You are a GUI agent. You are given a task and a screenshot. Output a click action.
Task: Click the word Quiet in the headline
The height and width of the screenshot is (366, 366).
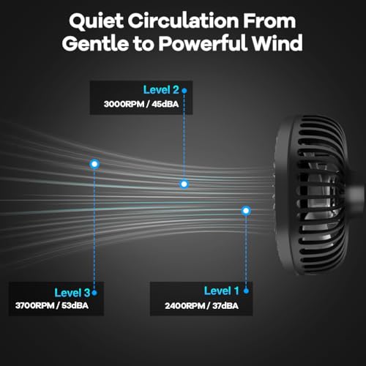coord(96,21)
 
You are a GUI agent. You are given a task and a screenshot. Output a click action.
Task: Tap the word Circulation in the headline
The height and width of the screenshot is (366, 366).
coord(183,20)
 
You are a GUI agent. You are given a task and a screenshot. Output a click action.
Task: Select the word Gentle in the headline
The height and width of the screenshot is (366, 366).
coord(95,43)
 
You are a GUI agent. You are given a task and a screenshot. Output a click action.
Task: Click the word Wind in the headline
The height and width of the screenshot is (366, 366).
coord(277,43)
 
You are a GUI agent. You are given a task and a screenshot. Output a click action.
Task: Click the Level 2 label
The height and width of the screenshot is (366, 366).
coord(161,90)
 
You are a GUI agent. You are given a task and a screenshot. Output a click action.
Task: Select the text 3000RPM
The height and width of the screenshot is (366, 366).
coord(124,104)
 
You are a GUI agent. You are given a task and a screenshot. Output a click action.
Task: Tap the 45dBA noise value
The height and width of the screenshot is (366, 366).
coord(165,104)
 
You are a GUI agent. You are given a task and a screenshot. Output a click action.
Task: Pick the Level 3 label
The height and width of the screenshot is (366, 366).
coord(72,293)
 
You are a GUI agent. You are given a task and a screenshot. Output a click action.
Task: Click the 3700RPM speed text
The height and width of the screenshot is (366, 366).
coord(35,306)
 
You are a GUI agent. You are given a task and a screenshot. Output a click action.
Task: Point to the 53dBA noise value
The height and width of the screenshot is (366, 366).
coord(75,306)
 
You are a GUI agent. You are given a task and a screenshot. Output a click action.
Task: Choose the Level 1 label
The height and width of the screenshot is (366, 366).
coord(222,291)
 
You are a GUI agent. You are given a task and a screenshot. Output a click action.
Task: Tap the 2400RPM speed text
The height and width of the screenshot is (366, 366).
coord(185,306)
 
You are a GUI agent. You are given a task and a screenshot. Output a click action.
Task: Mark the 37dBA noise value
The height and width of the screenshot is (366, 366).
coord(225,306)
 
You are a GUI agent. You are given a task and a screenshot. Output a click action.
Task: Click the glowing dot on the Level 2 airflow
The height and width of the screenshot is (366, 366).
coord(184,184)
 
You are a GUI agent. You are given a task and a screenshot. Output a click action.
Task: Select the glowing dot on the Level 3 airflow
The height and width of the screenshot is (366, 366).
coord(94,164)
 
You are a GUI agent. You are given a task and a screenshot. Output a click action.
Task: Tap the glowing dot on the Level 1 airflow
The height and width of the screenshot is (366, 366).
coord(246,211)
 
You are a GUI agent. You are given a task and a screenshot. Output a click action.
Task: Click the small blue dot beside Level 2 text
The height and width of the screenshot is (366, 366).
coord(184,91)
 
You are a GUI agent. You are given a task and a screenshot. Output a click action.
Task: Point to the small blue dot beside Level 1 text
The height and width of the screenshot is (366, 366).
coord(246,291)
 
